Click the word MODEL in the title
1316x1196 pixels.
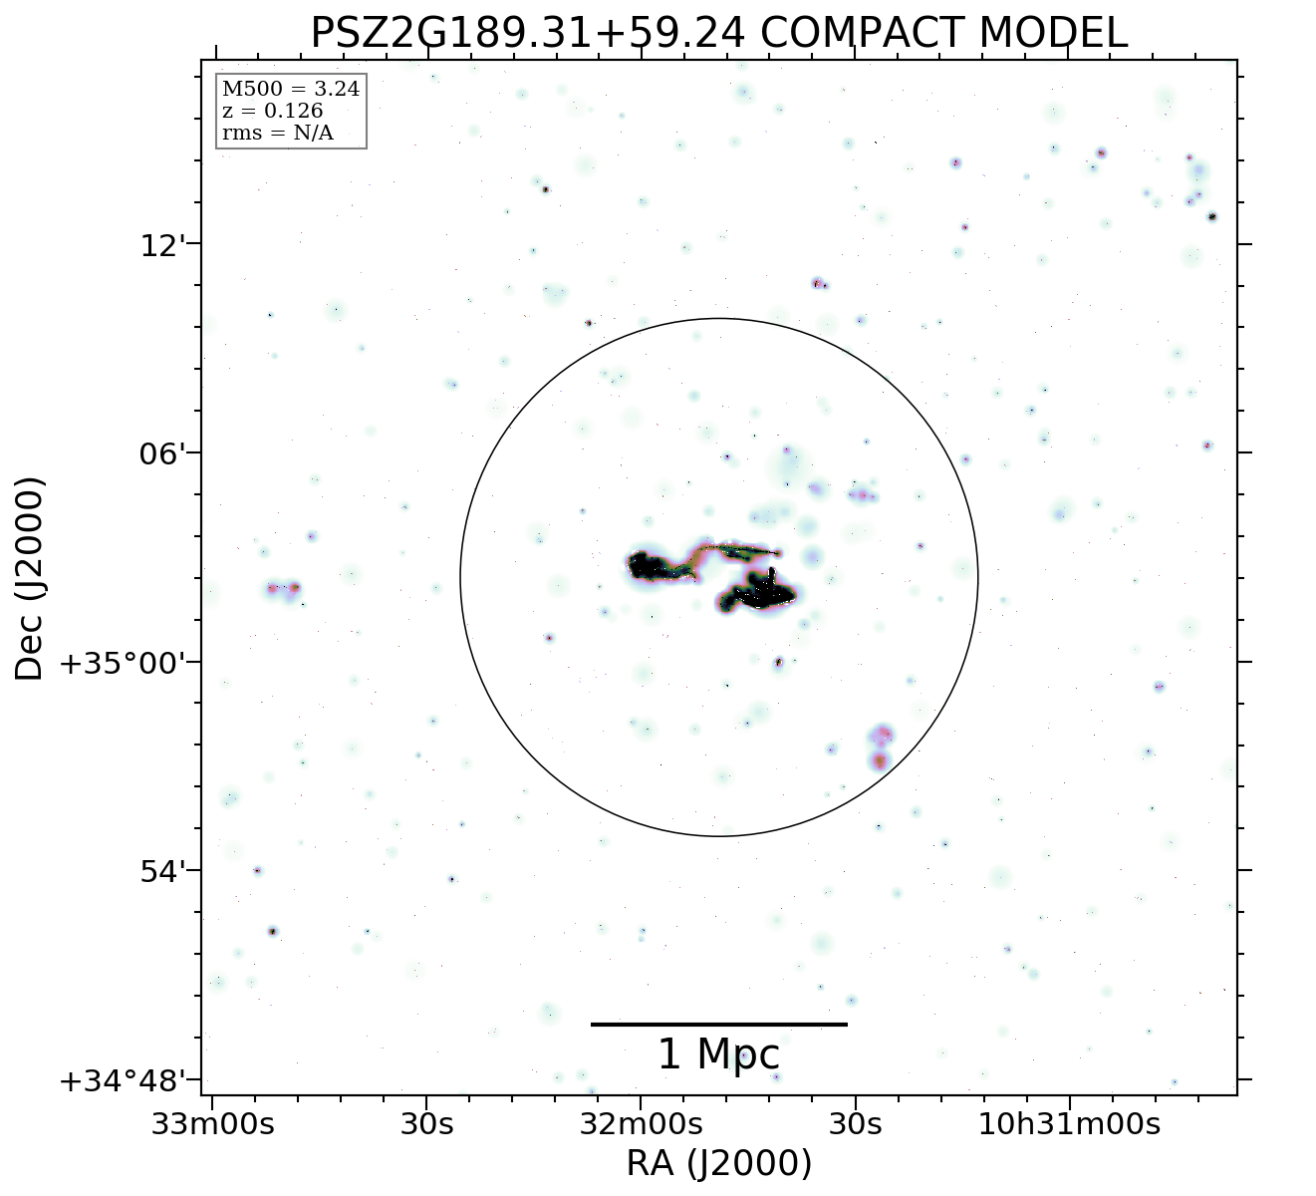point(1054,33)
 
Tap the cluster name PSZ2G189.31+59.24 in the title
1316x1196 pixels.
point(527,33)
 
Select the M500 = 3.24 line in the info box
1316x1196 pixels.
point(291,90)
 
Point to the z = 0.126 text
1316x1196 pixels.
point(272,111)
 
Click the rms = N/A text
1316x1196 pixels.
point(277,133)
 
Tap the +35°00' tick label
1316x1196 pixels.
point(123,664)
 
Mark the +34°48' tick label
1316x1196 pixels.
point(123,1081)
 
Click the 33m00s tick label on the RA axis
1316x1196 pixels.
point(212,1124)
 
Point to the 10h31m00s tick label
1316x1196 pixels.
point(1070,1124)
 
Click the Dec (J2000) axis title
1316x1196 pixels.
point(30,578)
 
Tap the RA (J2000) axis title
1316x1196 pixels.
point(718,1164)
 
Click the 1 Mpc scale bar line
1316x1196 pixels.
point(718,1024)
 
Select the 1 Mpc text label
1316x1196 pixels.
point(718,1054)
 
